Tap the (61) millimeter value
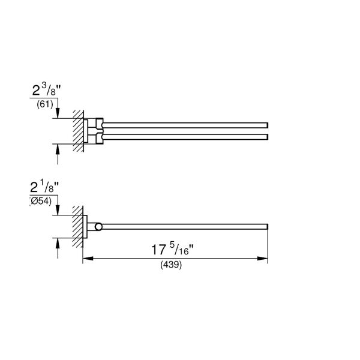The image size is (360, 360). [45, 105]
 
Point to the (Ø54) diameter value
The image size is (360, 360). [42, 201]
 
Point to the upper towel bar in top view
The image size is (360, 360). [186, 122]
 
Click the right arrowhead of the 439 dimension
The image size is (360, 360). [265, 259]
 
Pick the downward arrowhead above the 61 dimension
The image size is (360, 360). [58, 115]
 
